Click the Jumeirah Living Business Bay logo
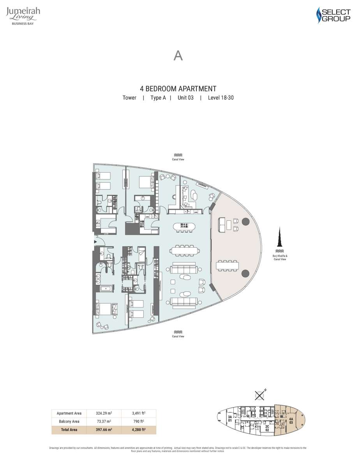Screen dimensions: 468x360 23,16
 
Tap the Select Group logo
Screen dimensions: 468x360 333,15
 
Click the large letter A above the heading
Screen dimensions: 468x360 178,56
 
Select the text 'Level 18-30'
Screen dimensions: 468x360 221,98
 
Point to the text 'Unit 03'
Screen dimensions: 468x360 185,98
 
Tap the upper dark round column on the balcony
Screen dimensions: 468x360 245,222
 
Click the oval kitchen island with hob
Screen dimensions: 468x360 185,226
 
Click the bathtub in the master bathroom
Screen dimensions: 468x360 105,289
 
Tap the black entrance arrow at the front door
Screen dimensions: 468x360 95,242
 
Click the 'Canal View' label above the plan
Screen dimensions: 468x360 178,157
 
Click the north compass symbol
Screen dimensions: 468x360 259,395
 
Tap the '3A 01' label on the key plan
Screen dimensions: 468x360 230,418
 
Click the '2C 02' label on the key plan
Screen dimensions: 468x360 267,428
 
